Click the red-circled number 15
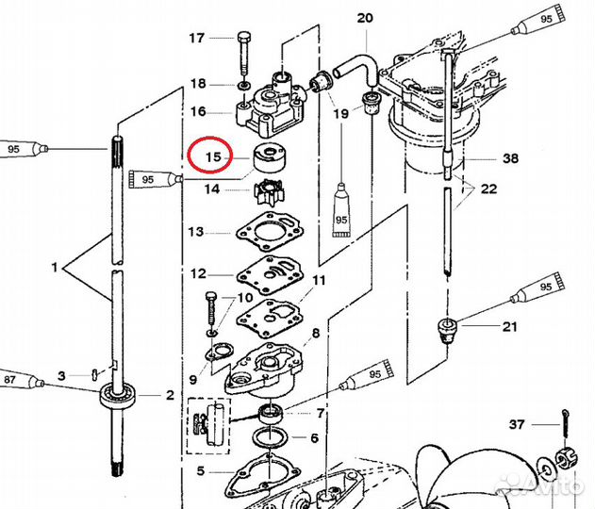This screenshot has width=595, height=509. tap(213, 156)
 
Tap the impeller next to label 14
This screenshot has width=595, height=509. tap(268, 192)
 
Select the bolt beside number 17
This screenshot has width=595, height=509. tap(243, 53)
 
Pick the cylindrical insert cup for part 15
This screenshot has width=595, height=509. tap(269, 156)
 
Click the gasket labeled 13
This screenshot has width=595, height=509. tap(270, 232)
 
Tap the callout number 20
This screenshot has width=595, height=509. tap(365, 18)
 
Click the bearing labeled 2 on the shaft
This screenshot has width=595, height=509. tap(118, 394)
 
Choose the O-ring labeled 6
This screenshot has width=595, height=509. tap(270, 437)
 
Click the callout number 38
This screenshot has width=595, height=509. tap(510, 157)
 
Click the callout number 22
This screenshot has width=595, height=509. tap(488, 189)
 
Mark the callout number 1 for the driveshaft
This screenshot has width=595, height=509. tap(55, 268)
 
